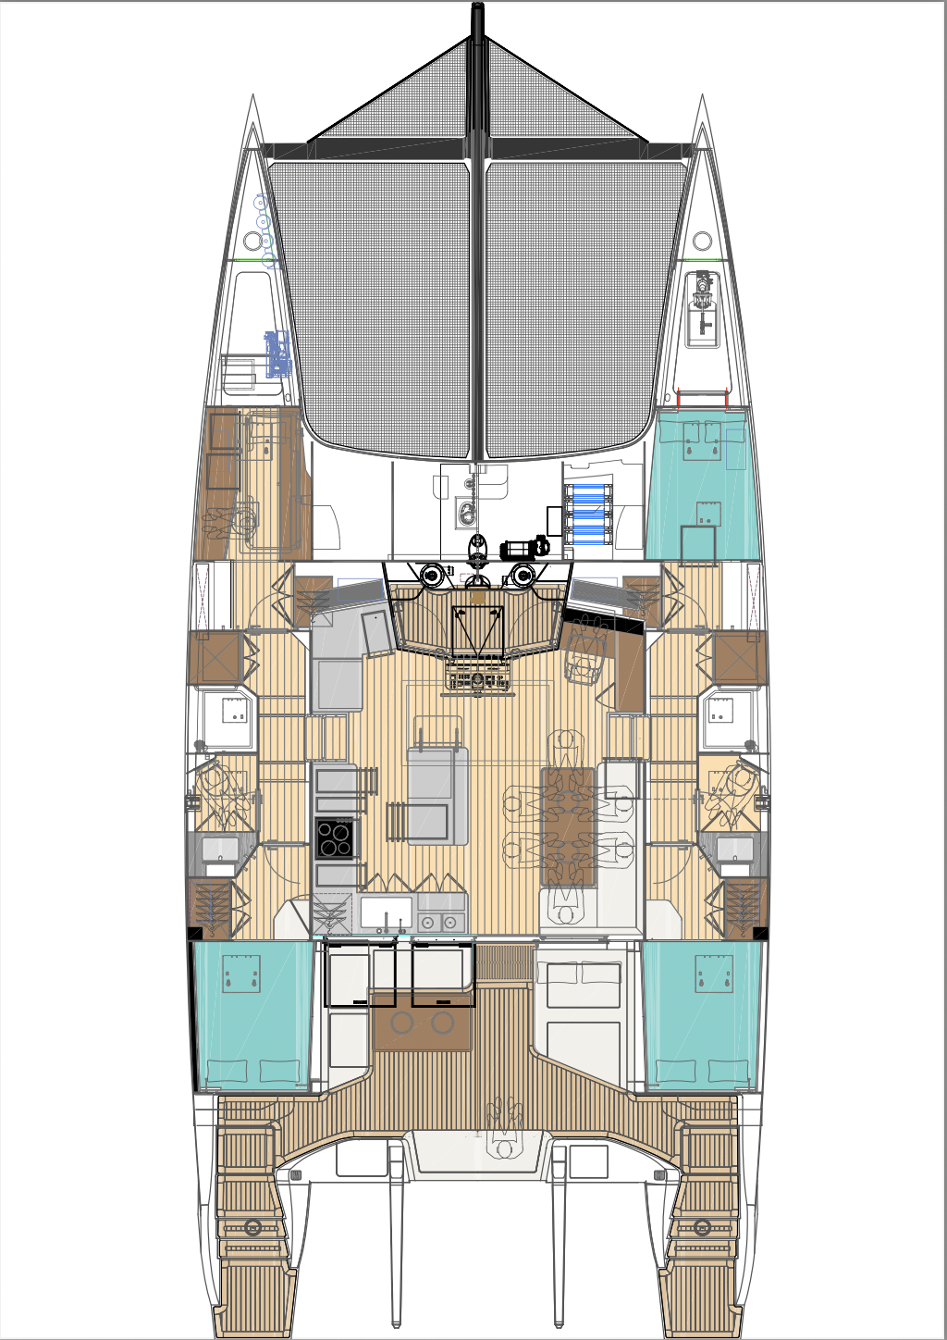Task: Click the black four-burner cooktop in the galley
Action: pyautogui.click(x=335, y=838)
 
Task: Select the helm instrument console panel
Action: pyautogui.click(x=477, y=681)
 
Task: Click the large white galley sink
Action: pyautogui.click(x=386, y=912)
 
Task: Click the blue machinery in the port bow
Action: pyautogui.click(x=277, y=354)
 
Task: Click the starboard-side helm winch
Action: pyautogui.click(x=524, y=576)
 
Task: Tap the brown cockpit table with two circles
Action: pyautogui.click(x=422, y=1022)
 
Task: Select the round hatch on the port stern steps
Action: pyautogui.click(x=252, y=1228)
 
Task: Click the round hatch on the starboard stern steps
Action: pyautogui.click(x=702, y=1228)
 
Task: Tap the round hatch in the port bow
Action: pyautogui.click(x=252, y=242)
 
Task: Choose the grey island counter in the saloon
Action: pyautogui.click(x=437, y=796)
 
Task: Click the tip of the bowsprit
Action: pyautogui.click(x=477, y=9)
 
